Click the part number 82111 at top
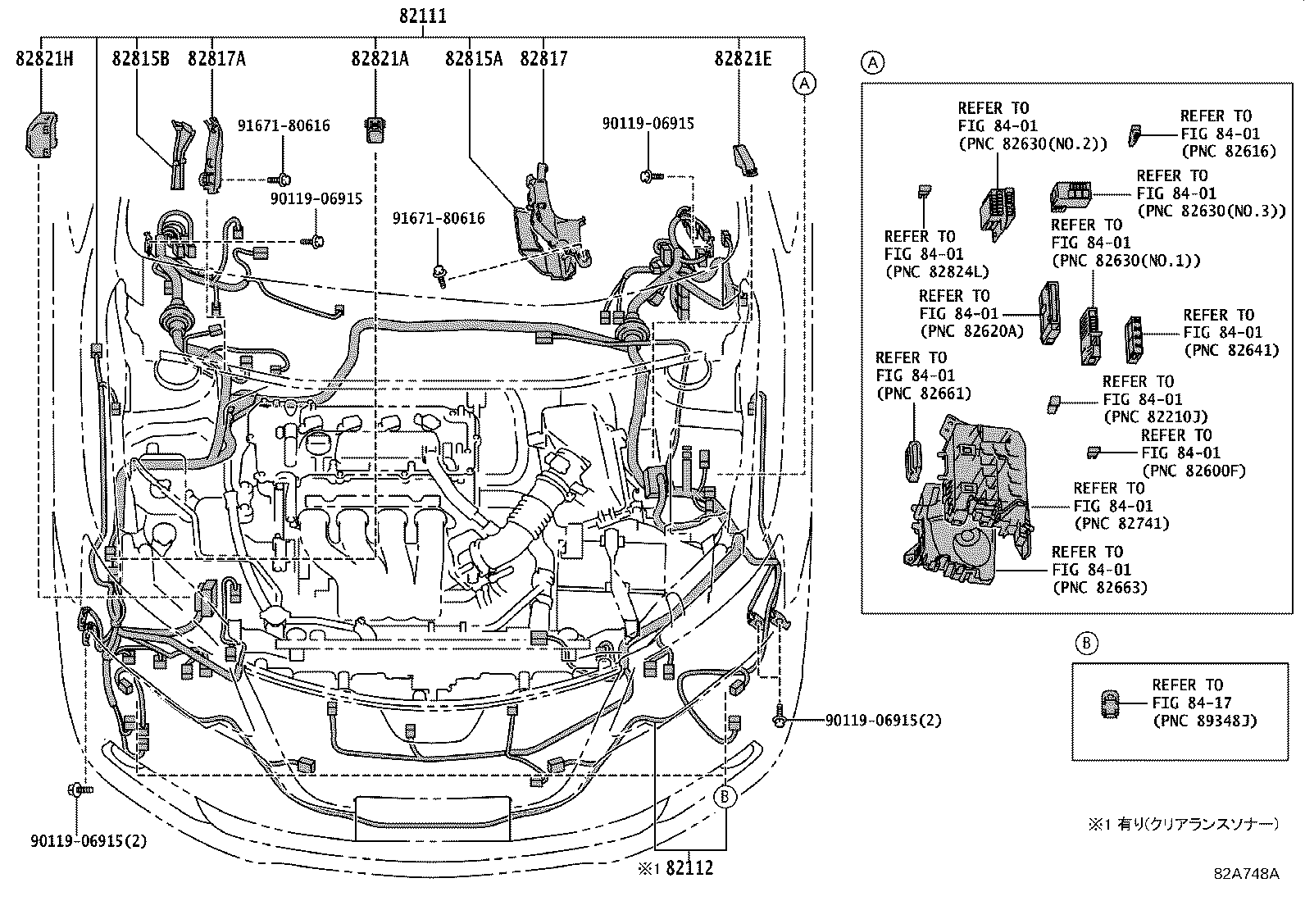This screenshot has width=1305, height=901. pyautogui.click(x=424, y=16)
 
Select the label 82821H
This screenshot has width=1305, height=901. pyautogui.click(x=44, y=58)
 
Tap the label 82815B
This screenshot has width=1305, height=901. pyautogui.click(x=141, y=58)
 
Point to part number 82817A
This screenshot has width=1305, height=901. pyautogui.click(x=216, y=58)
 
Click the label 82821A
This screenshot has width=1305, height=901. pyautogui.click(x=380, y=58)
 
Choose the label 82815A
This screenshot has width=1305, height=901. pyautogui.click(x=474, y=58)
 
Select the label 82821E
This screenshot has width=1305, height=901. pyautogui.click(x=743, y=58)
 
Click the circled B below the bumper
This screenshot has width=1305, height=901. pyautogui.click(x=725, y=795)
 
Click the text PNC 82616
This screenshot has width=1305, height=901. pyautogui.click(x=1228, y=151)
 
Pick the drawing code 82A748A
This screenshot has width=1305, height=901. pyautogui.click(x=1246, y=873)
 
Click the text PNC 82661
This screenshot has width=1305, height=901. pyautogui.click(x=923, y=394)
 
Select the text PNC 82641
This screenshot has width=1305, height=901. pyautogui.click(x=1230, y=350)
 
